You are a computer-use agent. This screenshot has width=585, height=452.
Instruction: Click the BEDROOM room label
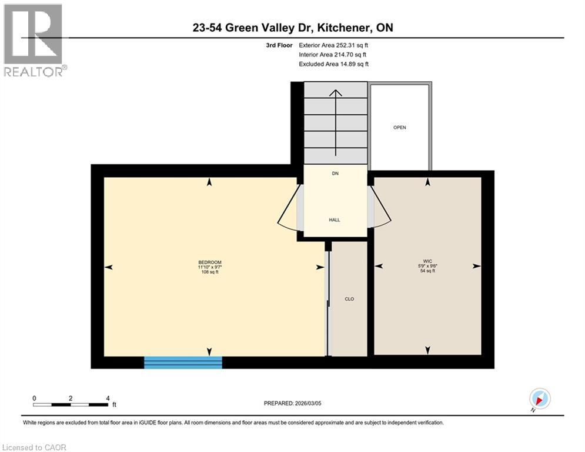point(209,262)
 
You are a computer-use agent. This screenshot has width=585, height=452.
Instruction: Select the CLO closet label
point(349,299)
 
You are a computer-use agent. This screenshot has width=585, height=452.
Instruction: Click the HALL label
point(334,220)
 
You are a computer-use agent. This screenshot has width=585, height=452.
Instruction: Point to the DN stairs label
point(335,174)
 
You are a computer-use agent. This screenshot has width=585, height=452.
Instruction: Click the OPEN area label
point(400,127)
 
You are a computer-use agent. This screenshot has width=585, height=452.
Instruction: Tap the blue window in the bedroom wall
point(183,362)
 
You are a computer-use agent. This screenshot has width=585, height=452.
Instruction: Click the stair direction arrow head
point(335,92)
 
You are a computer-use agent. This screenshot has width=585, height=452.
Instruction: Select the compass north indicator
point(539,399)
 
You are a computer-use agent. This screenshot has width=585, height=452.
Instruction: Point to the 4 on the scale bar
point(107,398)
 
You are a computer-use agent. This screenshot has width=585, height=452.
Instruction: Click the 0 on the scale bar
point(35,398)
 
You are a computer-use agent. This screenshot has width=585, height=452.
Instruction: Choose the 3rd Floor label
point(280,45)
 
